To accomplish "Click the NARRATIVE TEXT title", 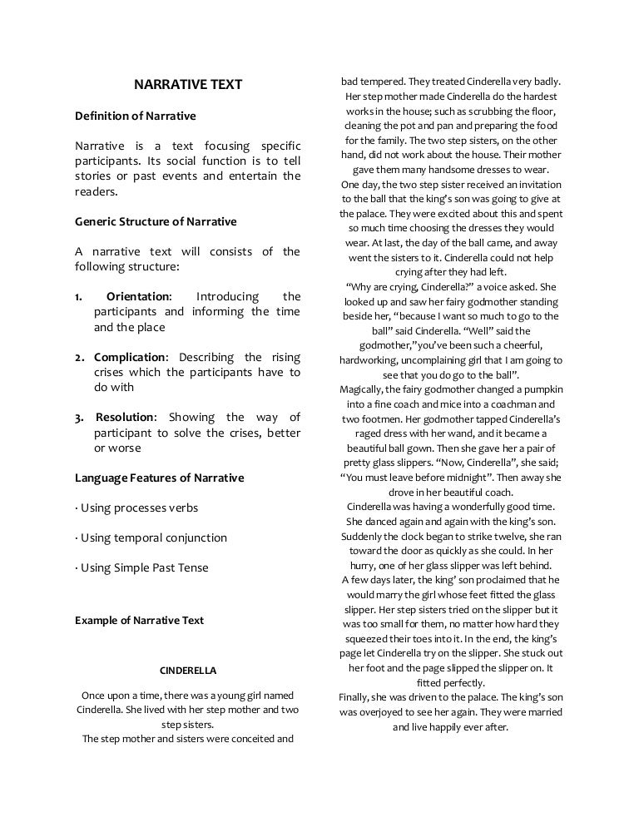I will click(189, 85).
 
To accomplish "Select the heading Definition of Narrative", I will click(135, 115).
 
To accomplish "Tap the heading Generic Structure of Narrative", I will click(156, 221).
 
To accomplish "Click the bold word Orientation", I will click(138, 297).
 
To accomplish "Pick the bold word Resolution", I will click(126, 418).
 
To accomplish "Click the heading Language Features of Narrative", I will click(159, 478).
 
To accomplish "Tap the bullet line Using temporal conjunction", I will click(151, 537).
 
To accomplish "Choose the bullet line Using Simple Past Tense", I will click(142, 567).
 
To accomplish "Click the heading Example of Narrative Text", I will click(139, 620).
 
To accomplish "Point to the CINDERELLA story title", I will click(188, 669).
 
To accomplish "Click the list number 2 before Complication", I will click(79, 358).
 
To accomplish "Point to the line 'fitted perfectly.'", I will click(450, 682).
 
